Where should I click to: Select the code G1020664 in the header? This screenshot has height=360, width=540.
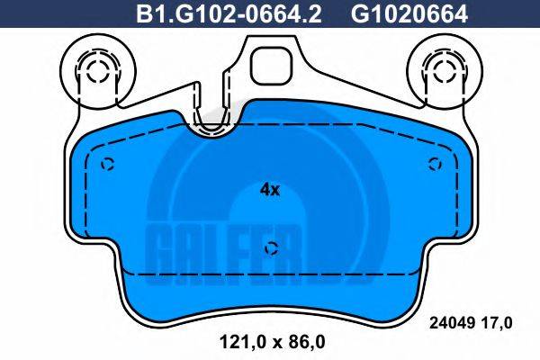pyautogui.click(x=397, y=14)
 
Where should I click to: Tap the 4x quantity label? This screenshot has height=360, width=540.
pyautogui.click(x=270, y=190)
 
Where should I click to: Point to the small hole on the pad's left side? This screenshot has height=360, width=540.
pyautogui.click(x=109, y=164)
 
